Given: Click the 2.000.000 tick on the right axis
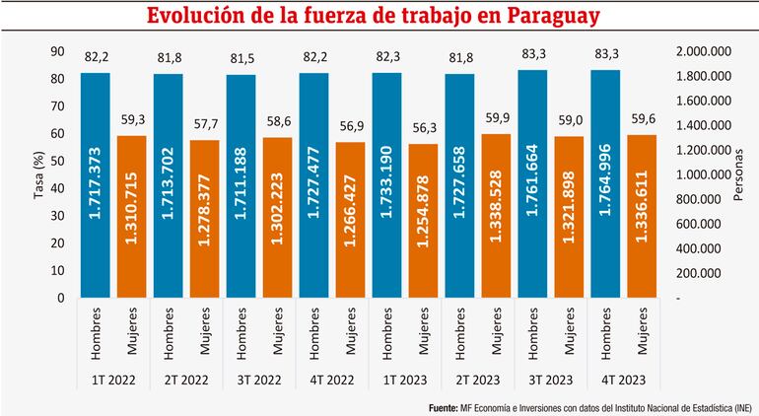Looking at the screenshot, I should pyautogui.click(x=704, y=51).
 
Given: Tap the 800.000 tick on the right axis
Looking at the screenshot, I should pyautogui.click(x=708, y=199).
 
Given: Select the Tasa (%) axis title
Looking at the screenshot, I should pyautogui.click(x=39, y=174).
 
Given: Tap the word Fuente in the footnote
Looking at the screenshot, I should pyautogui.click(x=447, y=406).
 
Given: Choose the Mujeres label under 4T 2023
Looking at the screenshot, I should pyautogui.click(x=644, y=331).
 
